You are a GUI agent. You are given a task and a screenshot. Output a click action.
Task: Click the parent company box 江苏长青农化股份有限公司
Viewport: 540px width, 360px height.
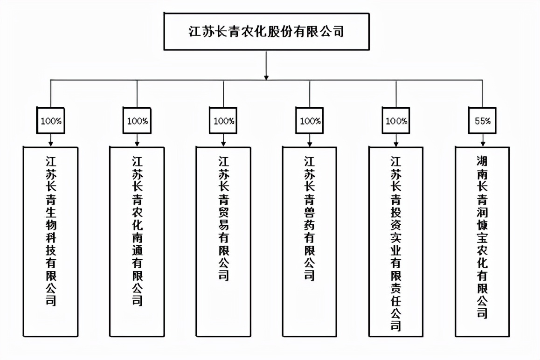click(x=266, y=31)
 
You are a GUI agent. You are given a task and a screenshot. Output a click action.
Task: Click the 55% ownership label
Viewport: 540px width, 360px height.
click(x=482, y=121)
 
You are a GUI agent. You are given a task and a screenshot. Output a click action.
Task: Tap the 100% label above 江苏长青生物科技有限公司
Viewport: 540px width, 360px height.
click(x=51, y=121)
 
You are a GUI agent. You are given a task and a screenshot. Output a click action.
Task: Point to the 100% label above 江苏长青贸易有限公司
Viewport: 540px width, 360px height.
click(x=223, y=121)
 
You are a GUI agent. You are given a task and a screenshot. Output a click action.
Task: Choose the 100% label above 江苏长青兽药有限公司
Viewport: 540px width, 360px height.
click(x=310, y=121)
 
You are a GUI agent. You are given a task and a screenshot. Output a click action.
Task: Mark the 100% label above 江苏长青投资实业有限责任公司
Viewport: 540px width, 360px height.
click(x=396, y=121)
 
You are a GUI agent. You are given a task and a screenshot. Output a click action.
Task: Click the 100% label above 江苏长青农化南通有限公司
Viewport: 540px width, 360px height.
click(x=137, y=121)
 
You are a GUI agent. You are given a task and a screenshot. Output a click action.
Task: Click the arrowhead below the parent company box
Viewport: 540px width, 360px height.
click(x=266, y=76)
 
